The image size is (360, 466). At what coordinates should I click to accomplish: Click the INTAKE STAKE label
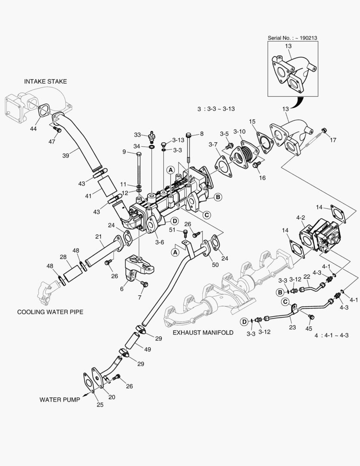coord(45,81)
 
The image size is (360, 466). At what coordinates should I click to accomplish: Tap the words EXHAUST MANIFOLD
coord(203,333)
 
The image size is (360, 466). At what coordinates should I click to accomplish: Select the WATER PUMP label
coord(59,400)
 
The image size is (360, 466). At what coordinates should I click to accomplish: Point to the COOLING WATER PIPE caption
coord(50,312)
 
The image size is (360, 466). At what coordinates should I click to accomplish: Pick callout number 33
coord(137,135)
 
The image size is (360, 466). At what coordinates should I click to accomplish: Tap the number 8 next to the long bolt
coord(202,134)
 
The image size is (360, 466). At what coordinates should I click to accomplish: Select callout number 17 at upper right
coord(332,140)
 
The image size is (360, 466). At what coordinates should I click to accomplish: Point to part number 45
coord(309,329)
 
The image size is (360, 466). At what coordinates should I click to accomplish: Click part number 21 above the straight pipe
coord(98,236)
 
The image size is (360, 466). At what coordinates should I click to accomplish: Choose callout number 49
coord(147,349)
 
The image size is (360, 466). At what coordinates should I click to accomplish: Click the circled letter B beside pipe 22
coord(279,292)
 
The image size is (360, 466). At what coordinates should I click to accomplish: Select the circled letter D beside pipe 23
coord(244,321)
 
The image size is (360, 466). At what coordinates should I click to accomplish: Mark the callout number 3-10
coord(240,131)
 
